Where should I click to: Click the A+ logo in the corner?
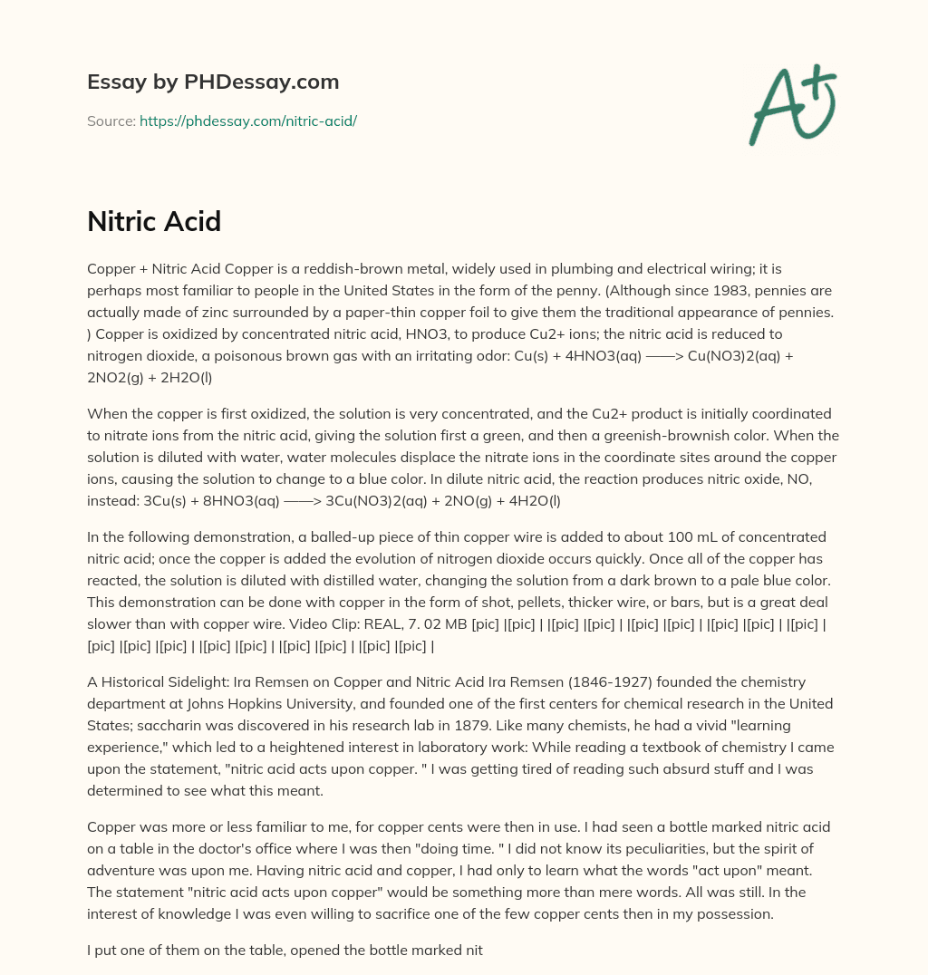tap(791, 105)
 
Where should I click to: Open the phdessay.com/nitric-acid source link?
tap(247, 121)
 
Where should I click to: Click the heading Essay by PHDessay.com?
tap(213, 82)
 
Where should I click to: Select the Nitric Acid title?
tap(154, 221)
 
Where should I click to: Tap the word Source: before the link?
tap(111, 121)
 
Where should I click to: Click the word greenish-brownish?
tap(619, 435)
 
